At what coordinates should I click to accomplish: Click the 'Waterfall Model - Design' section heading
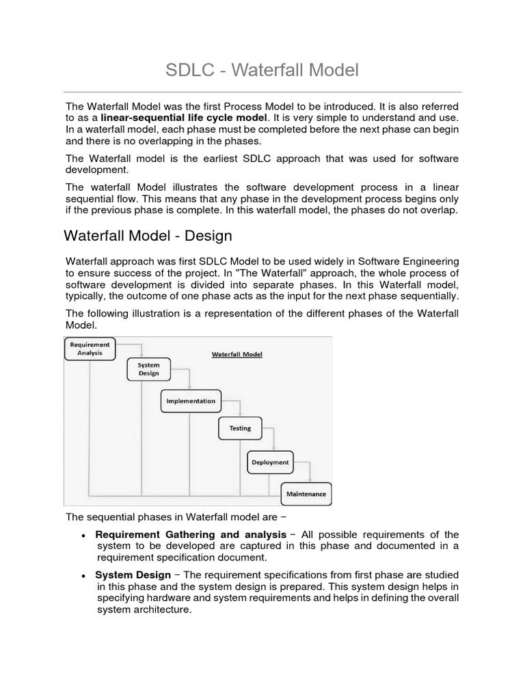tap(148, 236)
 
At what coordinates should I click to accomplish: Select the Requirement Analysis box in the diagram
tap(90, 349)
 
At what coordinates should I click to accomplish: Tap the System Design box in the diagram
tap(148, 369)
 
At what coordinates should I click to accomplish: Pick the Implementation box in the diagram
tap(191, 401)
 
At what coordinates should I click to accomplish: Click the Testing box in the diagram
tap(239, 429)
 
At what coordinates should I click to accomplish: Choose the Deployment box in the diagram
tap(269, 462)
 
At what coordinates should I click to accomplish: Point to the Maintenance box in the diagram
tap(306, 494)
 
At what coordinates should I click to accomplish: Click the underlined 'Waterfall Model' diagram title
tap(237, 354)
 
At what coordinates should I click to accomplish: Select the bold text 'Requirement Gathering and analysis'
tap(191, 534)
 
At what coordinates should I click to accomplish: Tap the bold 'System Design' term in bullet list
tap(133, 575)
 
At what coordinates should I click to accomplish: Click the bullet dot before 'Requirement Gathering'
tap(83, 535)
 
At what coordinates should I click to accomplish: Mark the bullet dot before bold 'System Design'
tap(83, 576)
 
